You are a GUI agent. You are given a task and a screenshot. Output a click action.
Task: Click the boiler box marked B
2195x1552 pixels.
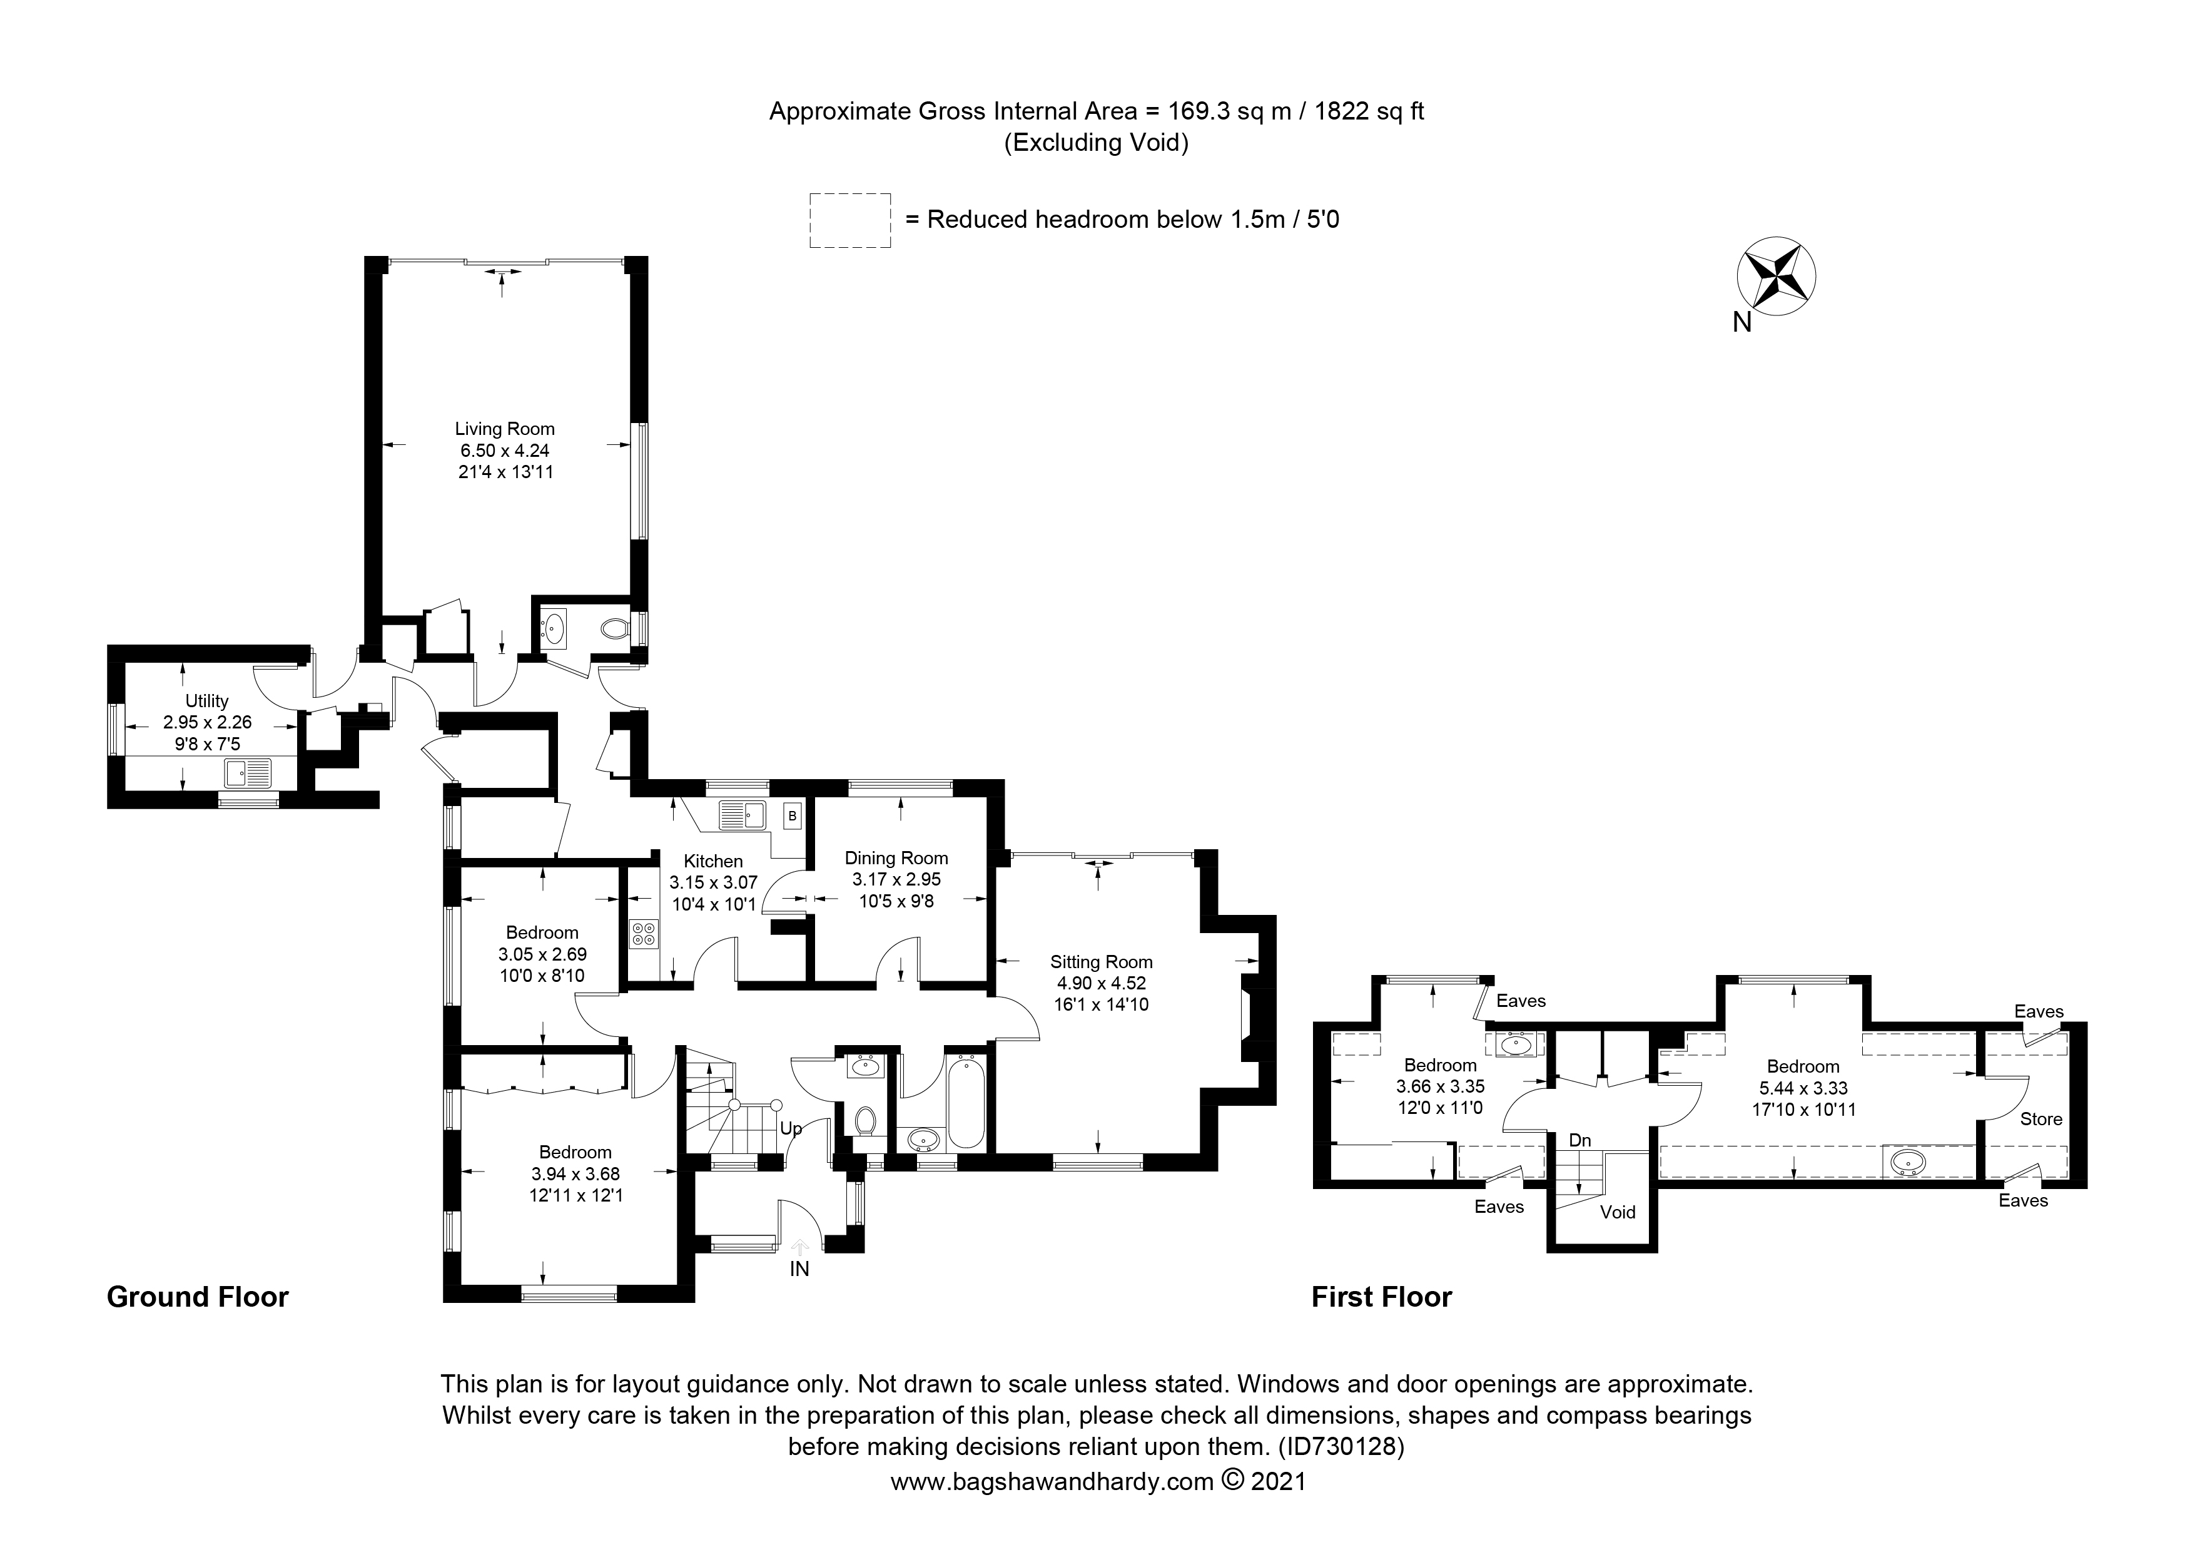[x=791, y=817]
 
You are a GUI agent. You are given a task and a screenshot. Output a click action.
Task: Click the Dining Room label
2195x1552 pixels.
[x=896, y=859]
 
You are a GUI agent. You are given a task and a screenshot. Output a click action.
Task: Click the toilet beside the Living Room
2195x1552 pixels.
[x=614, y=629]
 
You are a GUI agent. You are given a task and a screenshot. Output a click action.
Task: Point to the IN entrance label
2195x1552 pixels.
[x=799, y=1269]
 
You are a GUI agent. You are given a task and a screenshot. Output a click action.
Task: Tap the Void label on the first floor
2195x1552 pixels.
[x=1618, y=1212]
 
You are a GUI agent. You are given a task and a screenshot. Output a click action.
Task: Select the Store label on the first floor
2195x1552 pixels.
[x=2041, y=1119]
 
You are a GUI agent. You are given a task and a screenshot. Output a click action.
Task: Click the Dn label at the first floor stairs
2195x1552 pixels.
[x=1579, y=1141]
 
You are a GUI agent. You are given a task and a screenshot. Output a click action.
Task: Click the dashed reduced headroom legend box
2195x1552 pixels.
[x=850, y=220]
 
